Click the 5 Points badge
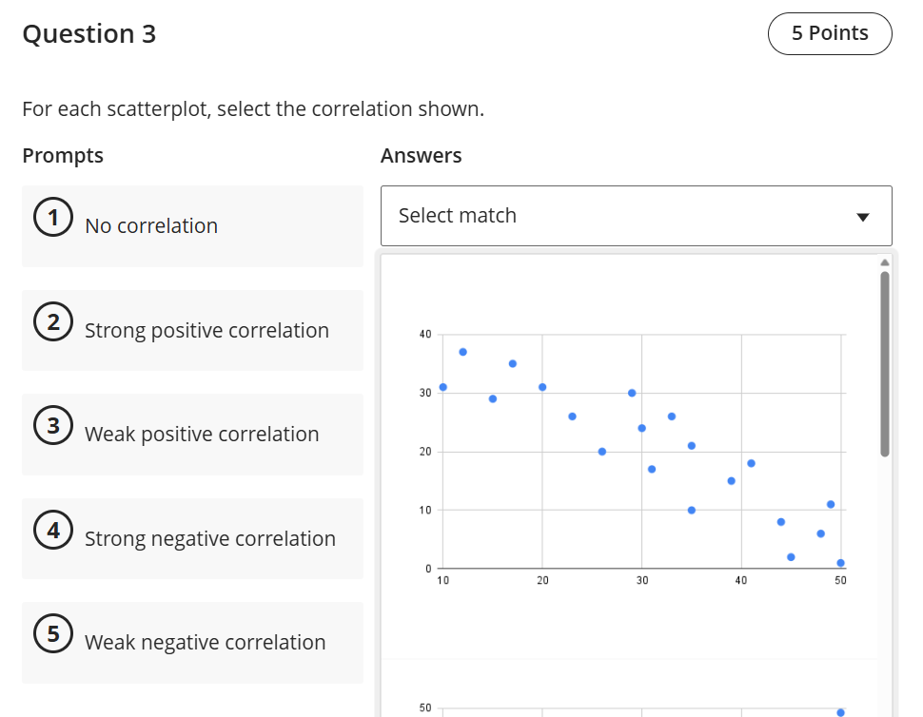[x=829, y=33]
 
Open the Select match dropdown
[x=636, y=216]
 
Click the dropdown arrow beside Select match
[x=862, y=217]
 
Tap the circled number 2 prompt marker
[x=50, y=323]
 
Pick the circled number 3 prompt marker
[x=50, y=427]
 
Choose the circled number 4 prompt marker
[x=50, y=531]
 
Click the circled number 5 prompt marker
[x=50, y=635]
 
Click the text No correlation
[x=151, y=226]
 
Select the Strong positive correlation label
[x=206, y=331]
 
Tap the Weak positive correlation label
[x=202, y=435]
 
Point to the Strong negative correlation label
[x=210, y=539]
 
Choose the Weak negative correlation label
[x=206, y=643]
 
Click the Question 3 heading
[x=88, y=34]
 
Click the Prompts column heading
[x=63, y=156]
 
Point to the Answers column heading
[x=421, y=156]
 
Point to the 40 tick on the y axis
[x=424, y=335]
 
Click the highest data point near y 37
[x=462, y=352]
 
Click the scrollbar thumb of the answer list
[x=885, y=363]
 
